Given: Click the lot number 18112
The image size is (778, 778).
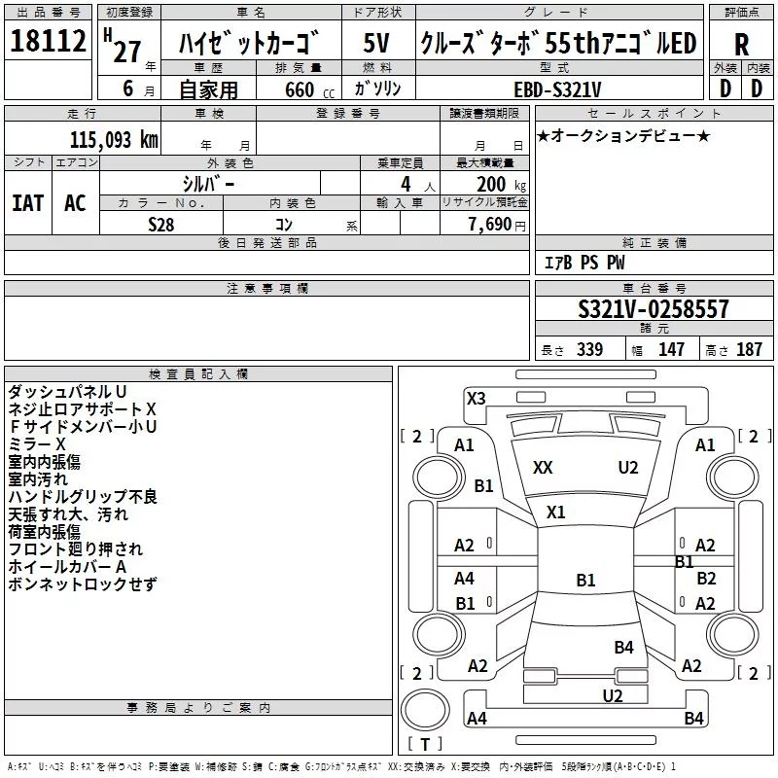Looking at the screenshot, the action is tap(48, 40).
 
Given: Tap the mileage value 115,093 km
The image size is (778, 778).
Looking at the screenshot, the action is tap(114, 140).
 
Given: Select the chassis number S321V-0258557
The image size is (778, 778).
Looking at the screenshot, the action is tap(654, 309).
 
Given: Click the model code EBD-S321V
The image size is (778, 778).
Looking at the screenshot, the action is tap(557, 89).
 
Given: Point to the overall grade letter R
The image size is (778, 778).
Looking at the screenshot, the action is tap(741, 45).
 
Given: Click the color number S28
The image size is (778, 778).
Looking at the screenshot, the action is tap(161, 225).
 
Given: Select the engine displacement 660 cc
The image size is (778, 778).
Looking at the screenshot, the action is tap(309, 89).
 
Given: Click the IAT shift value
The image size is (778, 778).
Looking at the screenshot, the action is tap(28, 203).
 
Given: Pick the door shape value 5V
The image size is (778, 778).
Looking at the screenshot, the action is tap(376, 43).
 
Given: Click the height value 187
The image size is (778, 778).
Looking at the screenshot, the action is tap(749, 349).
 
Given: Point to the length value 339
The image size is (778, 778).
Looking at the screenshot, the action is tap(589, 349).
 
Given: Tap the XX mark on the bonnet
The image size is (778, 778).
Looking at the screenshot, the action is tap(543, 468).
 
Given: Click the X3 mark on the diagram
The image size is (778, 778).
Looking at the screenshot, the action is tap(476, 398).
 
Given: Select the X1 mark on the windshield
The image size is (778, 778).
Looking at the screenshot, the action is tap(555, 512).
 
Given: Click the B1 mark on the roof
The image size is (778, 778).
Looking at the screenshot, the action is tap(585, 580).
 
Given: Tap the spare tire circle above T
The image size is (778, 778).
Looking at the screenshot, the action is tap(425, 710).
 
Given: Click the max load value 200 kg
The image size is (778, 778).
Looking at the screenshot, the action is tap(501, 185).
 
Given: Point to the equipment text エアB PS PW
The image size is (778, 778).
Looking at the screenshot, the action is tap(584, 262).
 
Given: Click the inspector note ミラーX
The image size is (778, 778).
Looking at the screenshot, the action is tap(37, 444).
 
